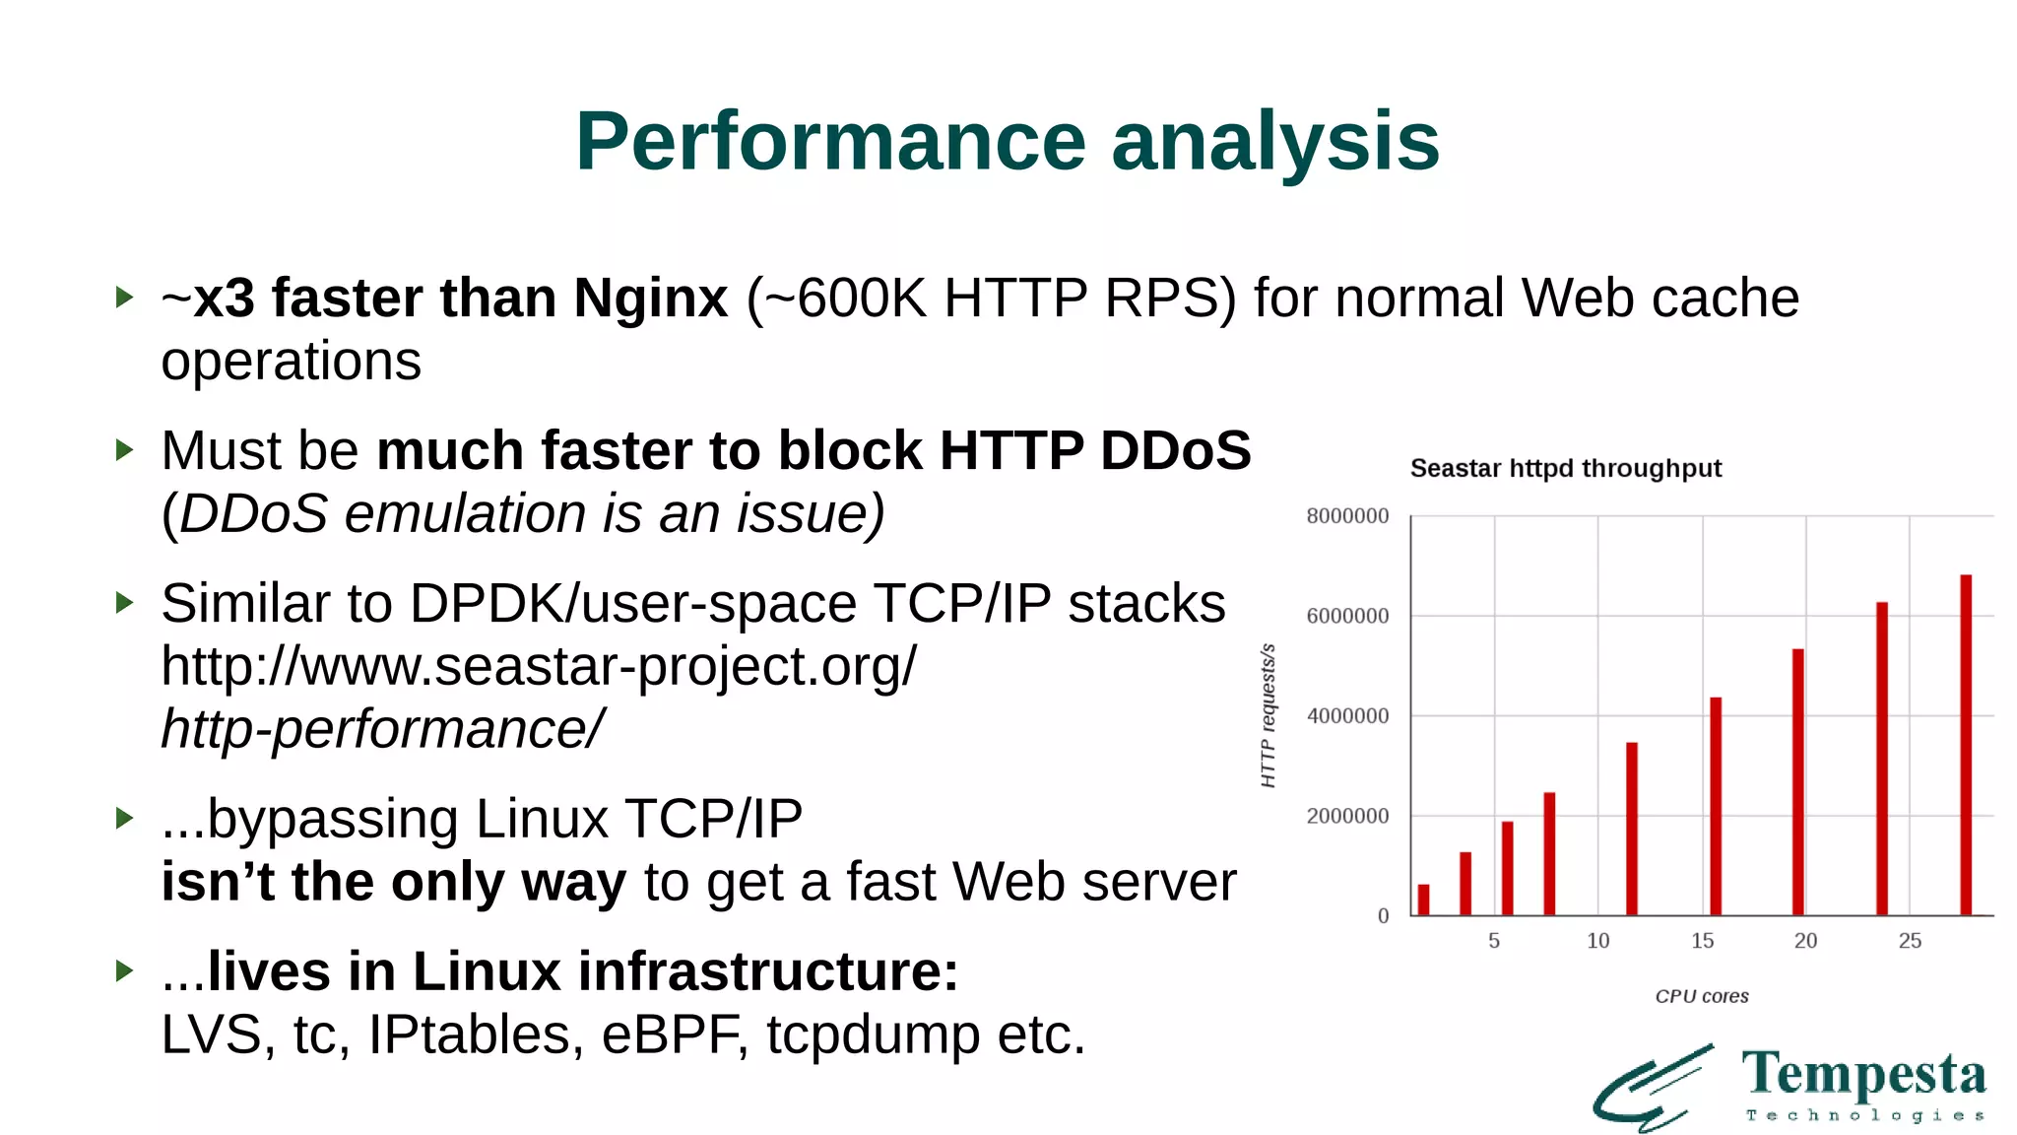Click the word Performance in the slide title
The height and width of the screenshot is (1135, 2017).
click(x=830, y=142)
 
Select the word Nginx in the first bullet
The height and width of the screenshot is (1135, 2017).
click(x=650, y=299)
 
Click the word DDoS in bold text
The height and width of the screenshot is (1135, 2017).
click(x=1174, y=451)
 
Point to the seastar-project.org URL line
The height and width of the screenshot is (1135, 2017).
click(x=539, y=667)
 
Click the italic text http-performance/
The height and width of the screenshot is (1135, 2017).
click(x=382, y=730)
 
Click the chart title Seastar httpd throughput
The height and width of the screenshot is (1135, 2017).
click(x=1565, y=468)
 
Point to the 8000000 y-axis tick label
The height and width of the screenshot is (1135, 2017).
click(x=1347, y=516)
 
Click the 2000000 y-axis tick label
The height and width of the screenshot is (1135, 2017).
click(x=1347, y=816)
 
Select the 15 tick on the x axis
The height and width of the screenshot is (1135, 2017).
click(x=1702, y=941)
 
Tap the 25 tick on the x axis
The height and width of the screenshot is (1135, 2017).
click(x=1910, y=941)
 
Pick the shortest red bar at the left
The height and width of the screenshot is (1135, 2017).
click(x=1423, y=900)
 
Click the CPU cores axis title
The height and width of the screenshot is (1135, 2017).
click(x=1702, y=996)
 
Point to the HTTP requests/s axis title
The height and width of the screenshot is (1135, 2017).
click(x=1269, y=715)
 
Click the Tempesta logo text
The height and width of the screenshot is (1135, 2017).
click(x=1863, y=1075)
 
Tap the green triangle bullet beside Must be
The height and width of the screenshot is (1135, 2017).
click(x=124, y=450)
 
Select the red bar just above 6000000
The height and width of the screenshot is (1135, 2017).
click(x=1882, y=759)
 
